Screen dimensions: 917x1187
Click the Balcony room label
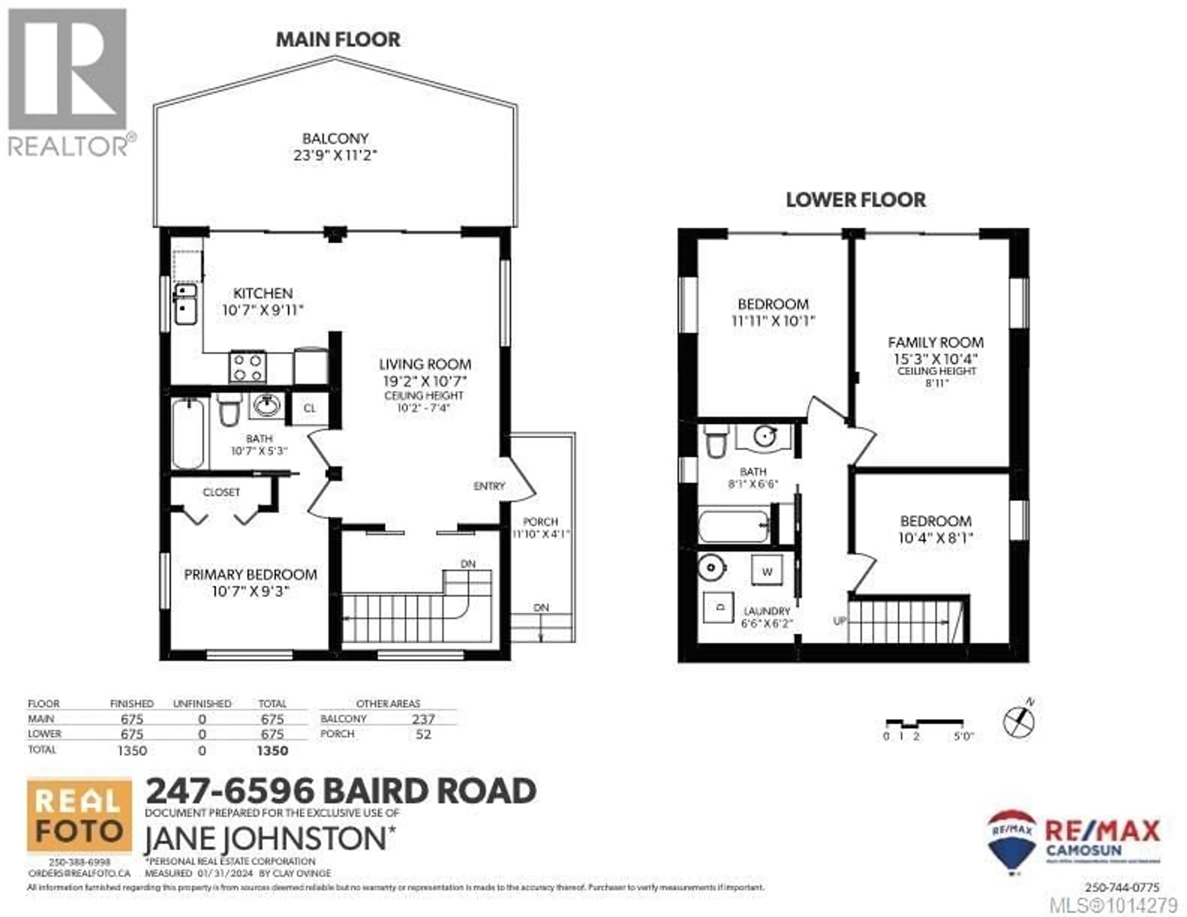coord(335,138)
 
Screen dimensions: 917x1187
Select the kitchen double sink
coord(186,304)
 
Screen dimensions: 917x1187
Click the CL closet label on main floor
coord(309,408)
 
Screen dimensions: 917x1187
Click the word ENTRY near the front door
coord(489,486)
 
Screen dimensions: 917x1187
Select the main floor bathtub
coord(188,434)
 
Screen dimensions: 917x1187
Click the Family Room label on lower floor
coord(935,342)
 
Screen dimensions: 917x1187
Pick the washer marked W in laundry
coord(767,571)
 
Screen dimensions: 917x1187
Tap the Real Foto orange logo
coord(79,815)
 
